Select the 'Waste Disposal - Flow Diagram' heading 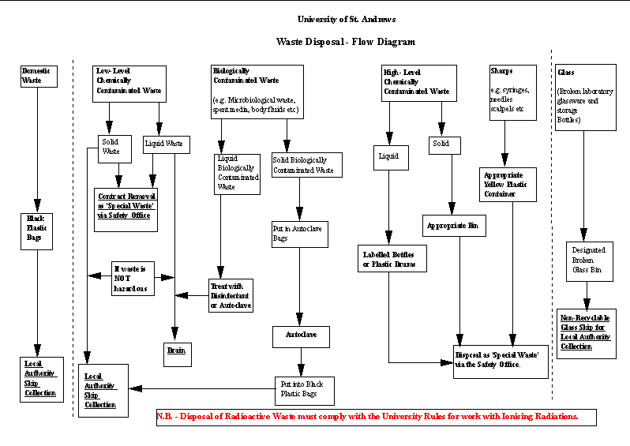tap(345, 42)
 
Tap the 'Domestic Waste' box tap(37, 76)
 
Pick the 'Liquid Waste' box tap(163, 144)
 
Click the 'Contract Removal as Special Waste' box tap(126, 209)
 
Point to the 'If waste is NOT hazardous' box tap(133, 278)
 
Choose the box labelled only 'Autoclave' tap(300, 336)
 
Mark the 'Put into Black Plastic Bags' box tap(303, 388)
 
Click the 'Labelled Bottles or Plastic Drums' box tap(391, 259)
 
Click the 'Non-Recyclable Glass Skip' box tap(587, 335)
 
